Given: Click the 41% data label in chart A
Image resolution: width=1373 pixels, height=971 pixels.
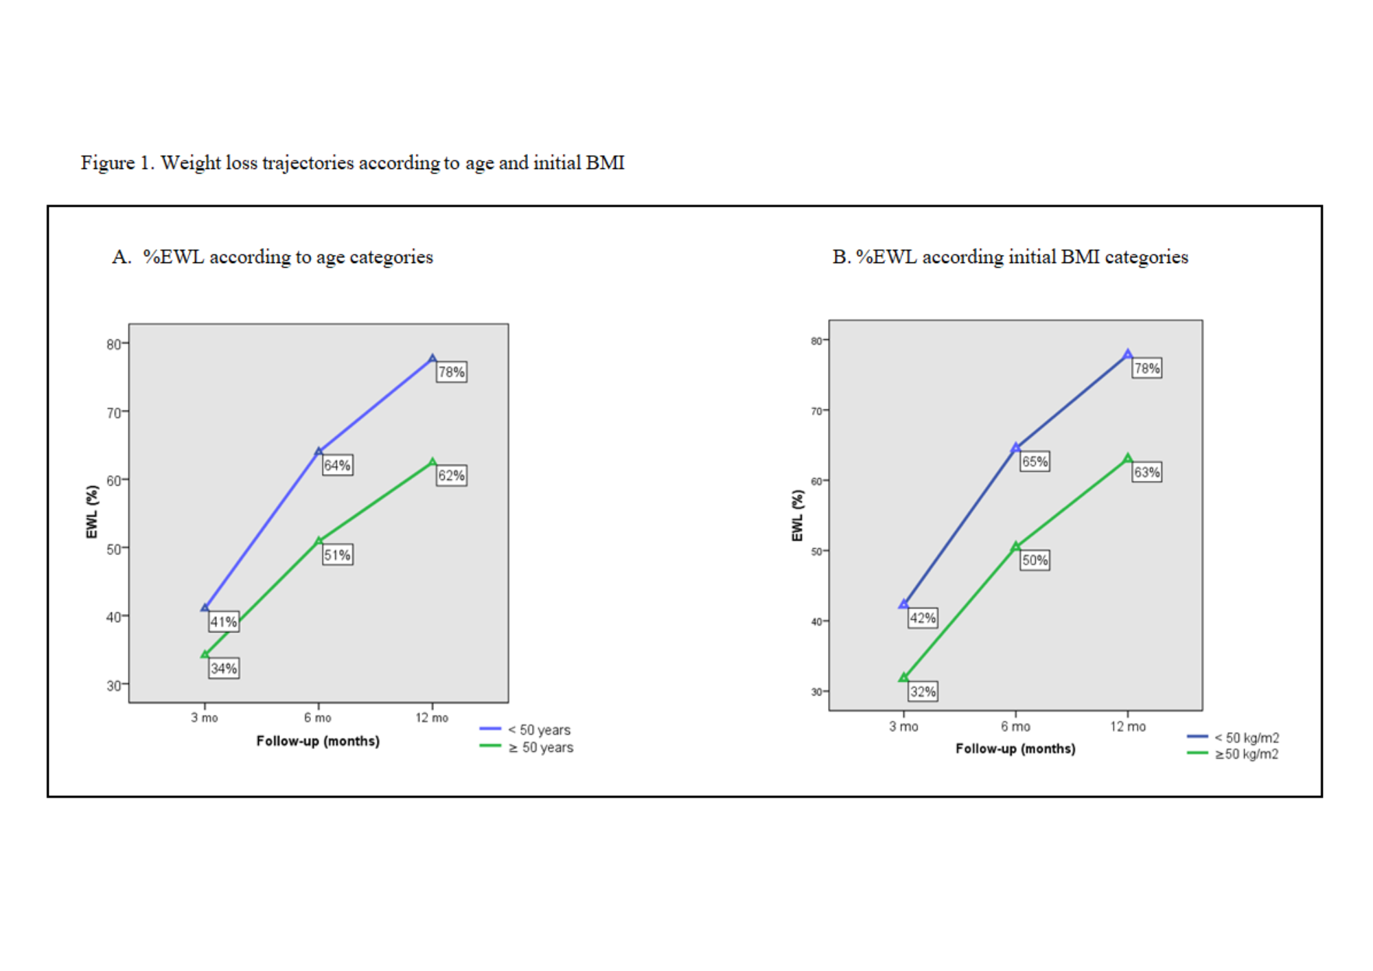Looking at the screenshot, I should [x=224, y=622].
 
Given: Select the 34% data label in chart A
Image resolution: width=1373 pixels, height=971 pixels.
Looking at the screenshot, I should [x=224, y=668].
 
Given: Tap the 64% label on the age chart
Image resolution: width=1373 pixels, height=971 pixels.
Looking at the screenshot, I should [x=337, y=465].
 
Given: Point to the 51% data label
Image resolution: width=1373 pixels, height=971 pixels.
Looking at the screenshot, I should [x=337, y=555].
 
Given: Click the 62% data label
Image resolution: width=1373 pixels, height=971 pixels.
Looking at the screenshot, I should [x=451, y=475].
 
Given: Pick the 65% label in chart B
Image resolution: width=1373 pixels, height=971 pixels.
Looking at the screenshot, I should [x=1035, y=461].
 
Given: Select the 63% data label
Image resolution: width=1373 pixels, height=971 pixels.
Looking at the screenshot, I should [x=1146, y=472].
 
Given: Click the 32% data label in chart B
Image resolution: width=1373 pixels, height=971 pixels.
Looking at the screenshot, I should [x=923, y=692].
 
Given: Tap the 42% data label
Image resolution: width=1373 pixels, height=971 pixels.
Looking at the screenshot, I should [x=923, y=618].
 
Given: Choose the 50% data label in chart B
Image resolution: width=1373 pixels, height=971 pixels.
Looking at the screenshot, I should [x=1035, y=560].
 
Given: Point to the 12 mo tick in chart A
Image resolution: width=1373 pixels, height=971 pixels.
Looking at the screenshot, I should [x=432, y=718].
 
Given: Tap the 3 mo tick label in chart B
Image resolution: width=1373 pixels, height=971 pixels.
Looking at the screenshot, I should [x=903, y=727].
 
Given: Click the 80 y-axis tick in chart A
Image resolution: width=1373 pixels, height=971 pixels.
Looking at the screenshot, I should [x=114, y=344].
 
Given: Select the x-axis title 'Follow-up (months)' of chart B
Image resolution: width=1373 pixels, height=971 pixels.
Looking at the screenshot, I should [x=1015, y=749].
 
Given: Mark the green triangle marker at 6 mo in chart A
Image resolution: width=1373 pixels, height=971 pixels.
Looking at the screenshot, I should [x=319, y=541].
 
